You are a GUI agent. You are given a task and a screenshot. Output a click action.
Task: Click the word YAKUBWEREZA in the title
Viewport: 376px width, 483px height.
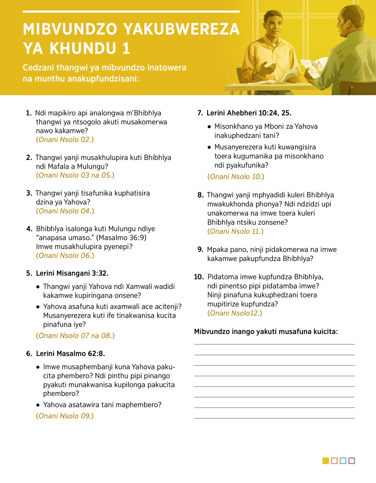tap(181, 29)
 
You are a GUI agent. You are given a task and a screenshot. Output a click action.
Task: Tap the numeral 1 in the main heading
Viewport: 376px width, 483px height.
tap(126, 49)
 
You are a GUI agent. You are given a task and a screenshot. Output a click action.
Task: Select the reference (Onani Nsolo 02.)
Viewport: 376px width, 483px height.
tap(65, 140)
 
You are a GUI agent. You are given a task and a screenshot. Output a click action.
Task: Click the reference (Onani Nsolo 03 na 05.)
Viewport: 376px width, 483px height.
tap(75, 175)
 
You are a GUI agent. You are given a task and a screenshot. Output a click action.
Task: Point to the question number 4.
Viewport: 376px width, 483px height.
tap(29, 229)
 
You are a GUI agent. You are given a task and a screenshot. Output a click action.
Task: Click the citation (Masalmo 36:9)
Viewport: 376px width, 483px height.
tap(121, 238)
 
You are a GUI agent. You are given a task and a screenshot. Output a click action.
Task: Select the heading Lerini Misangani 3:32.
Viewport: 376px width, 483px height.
tap(72, 273)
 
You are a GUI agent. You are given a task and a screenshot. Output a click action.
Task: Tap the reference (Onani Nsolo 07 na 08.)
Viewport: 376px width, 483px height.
tap(76, 336)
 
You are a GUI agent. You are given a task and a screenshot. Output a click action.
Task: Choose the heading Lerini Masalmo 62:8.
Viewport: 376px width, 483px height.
tap(70, 353)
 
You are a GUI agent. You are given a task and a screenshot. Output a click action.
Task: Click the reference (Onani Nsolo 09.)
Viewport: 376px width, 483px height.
tap(65, 416)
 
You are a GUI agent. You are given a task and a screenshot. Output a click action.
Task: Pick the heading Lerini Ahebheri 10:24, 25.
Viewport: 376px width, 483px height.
tap(249, 113)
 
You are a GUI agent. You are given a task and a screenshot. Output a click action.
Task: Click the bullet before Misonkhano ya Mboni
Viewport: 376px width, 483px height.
tap(209, 127)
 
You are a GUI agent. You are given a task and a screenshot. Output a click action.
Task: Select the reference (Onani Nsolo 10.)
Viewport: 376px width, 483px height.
tap(236, 177)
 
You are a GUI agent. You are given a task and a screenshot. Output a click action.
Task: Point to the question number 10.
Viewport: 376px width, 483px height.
tap(199, 277)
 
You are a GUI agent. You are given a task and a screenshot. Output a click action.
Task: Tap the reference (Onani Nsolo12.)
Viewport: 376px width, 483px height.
tap(235, 313)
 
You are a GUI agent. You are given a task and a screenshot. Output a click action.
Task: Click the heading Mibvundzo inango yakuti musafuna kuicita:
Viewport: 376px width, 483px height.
tap(266, 331)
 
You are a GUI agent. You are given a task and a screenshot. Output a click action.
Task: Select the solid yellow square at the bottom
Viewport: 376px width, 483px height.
tap(326, 461)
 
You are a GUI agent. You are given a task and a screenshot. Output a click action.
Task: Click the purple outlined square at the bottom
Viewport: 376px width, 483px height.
tap(352, 461)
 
